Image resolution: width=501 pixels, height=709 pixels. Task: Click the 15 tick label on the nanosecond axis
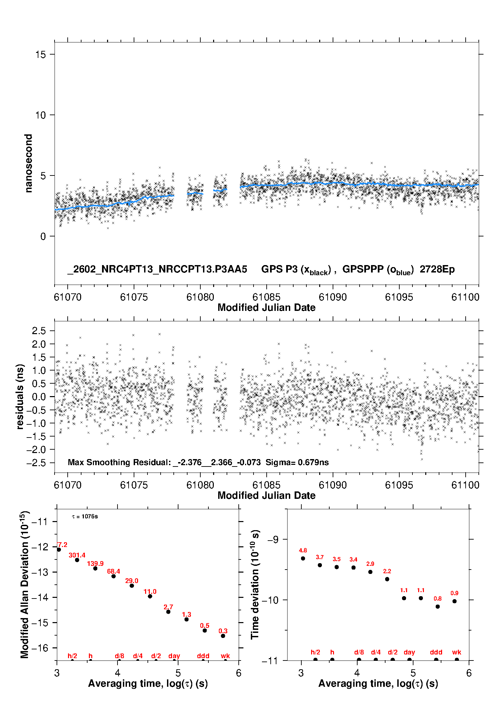pos(40,55)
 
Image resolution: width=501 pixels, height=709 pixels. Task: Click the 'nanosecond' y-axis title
pos(28,163)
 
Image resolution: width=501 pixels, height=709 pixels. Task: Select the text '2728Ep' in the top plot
pos(437,269)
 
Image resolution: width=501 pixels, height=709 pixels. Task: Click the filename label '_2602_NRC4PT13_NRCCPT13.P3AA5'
pos(157,269)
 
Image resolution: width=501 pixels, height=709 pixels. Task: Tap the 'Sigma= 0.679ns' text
pos(297,462)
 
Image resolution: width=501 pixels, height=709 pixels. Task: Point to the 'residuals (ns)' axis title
pos(20,396)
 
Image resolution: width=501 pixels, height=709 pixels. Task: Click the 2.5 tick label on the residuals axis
pos(39,331)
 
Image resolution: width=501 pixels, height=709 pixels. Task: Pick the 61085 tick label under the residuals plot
pos(266,485)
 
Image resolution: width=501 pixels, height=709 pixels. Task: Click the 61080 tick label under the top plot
pos(200,297)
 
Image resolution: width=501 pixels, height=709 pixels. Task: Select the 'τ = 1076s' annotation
pos(85,517)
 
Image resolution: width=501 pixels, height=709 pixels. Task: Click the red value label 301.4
pos(77,555)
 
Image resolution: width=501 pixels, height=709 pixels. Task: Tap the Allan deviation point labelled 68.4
pos(113,576)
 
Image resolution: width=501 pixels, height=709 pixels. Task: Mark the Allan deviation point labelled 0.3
pos(223,636)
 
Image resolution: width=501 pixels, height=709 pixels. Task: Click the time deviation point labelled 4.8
pos(303,558)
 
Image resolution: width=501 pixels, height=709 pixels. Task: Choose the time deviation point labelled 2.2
pos(387,579)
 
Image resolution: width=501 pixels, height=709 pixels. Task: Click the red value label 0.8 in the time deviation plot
pos(437,599)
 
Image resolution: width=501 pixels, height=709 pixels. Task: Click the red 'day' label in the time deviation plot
pos(409,652)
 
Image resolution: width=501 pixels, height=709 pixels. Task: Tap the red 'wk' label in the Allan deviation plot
pos(225,656)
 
